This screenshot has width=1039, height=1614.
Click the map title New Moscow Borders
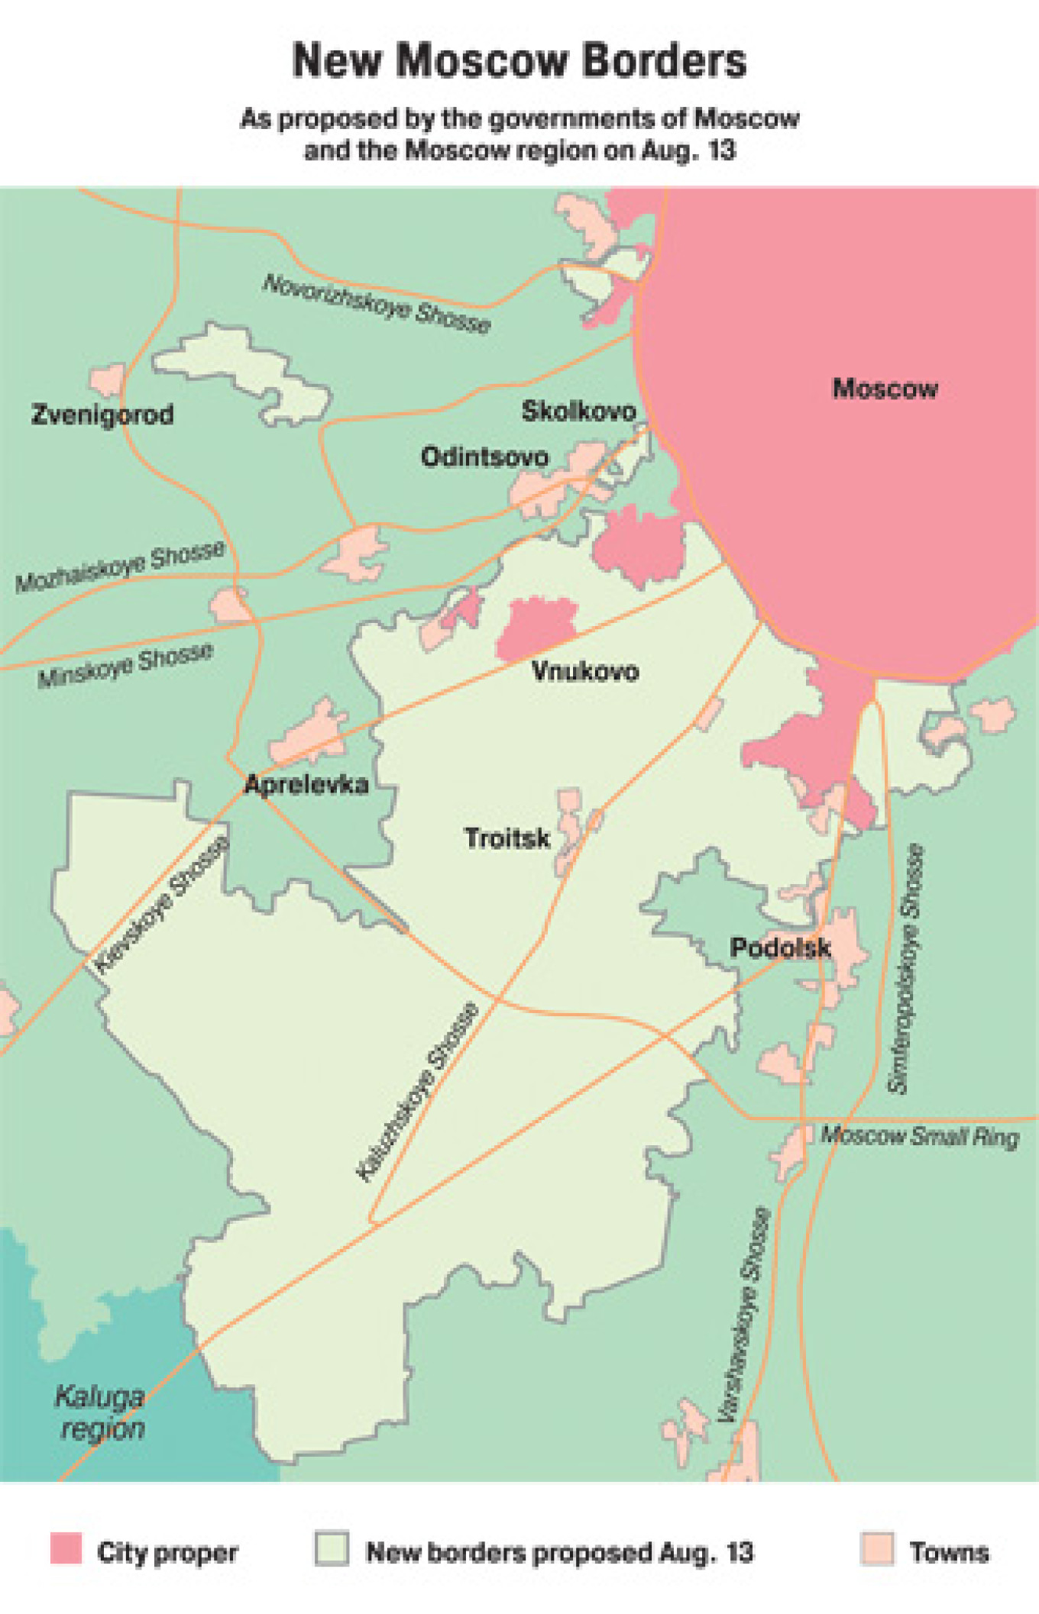tap(519, 61)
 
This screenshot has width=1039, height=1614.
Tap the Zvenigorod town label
tap(102, 415)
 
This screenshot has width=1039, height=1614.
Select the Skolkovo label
tap(578, 412)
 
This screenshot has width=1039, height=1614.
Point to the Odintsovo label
tap(484, 457)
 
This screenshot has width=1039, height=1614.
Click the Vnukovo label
tap(585, 672)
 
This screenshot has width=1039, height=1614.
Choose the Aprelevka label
tap(306, 784)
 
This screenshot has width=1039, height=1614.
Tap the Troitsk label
tap(507, 838)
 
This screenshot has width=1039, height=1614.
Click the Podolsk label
tap(780, 947)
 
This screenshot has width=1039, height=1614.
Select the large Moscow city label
tap(885, 389)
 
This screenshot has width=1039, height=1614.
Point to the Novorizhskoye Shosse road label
tap(377, 304)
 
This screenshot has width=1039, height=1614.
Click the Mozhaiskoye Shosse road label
tap(121, 567)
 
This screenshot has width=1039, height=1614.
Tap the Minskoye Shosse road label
tap(125, 665)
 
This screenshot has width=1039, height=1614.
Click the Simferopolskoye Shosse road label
tap(906, 968)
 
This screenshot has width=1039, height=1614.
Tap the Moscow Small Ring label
tap(920, 1136)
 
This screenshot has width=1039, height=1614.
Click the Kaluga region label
tap(100, 1412)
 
